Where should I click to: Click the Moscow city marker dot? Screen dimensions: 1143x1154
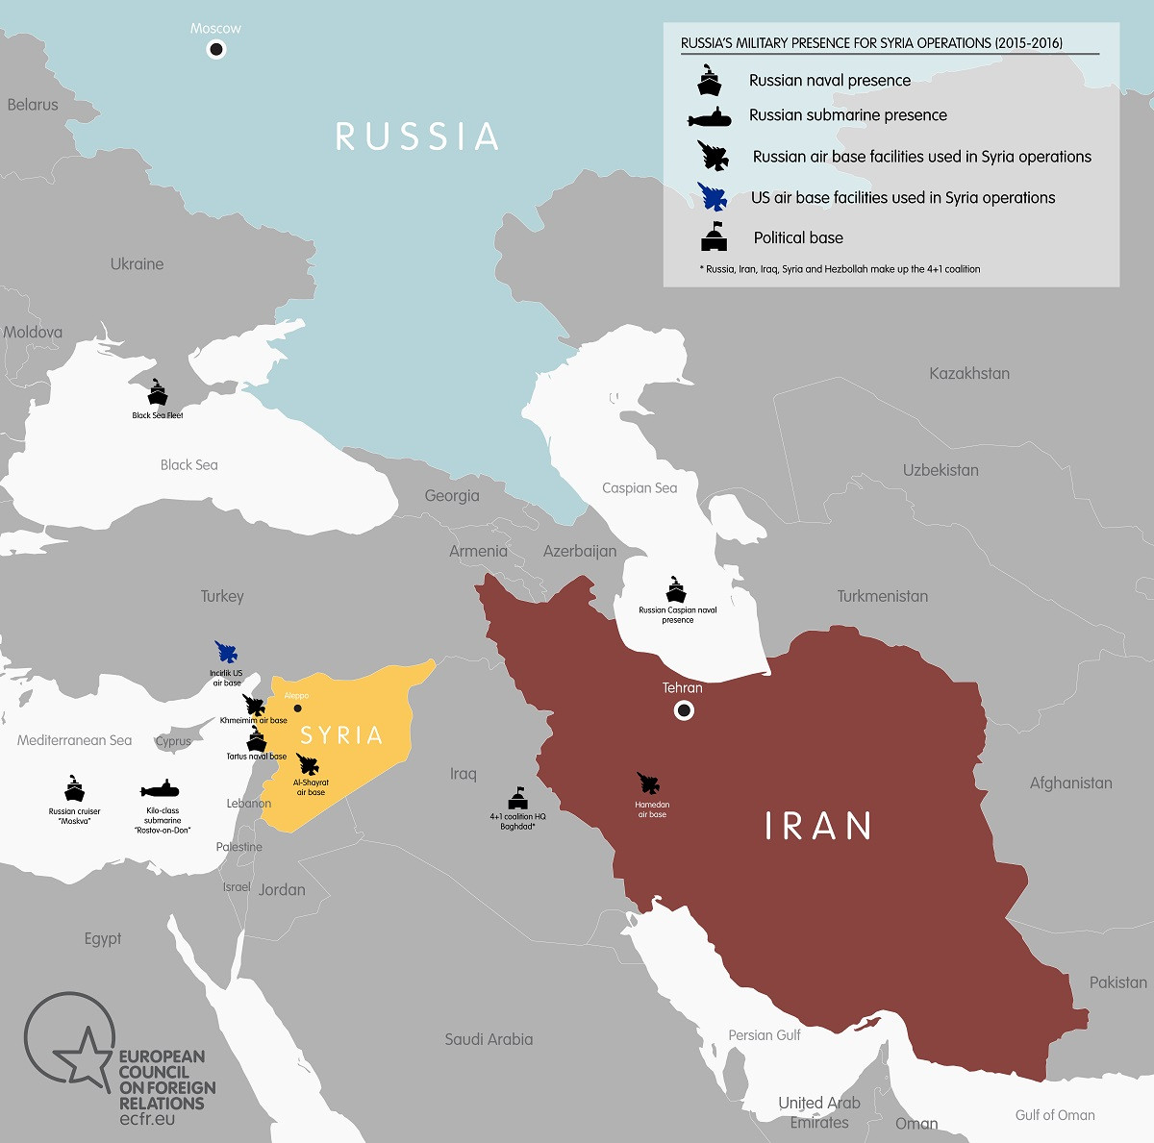point(216,50)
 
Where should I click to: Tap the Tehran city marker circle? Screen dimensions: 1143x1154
point(684,710)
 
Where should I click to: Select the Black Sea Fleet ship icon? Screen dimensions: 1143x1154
point(158,394)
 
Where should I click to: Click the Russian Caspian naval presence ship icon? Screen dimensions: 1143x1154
point(677,589)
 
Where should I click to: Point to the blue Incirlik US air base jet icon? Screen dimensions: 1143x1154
point(228,653)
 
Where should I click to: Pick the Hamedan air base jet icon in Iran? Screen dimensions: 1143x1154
point(649,784)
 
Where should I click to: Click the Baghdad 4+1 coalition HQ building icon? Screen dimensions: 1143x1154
point(518,799)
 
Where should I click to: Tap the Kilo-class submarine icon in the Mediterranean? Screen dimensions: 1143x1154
point(161,790)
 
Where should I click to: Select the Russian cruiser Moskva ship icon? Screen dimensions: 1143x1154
point(75,789)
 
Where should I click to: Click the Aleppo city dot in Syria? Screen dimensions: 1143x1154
point(297,708)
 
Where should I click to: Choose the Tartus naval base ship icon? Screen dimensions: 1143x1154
point(256,739)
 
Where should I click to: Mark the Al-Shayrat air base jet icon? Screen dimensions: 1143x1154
point(309,765)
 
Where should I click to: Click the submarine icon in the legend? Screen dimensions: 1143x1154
point(710,117)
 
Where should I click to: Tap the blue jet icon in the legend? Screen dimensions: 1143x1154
point(714,197)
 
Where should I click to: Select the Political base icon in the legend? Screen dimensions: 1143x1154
point(714,237)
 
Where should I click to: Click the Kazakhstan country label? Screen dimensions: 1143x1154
point(969,373)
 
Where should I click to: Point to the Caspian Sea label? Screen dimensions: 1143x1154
point(640,488)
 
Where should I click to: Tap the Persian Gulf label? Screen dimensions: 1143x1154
point(765,1035)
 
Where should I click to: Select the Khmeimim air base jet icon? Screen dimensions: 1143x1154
point(255,705)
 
